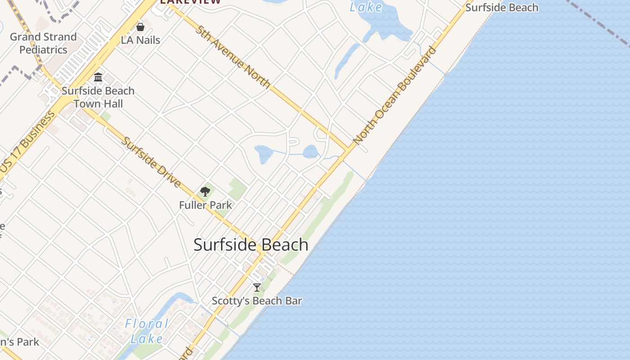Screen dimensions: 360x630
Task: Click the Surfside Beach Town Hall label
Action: click(98, 97)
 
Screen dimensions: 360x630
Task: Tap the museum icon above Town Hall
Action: click(98, 77)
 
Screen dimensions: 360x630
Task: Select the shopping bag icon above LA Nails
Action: click(140, 27)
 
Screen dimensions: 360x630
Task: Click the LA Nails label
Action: click(140, 40)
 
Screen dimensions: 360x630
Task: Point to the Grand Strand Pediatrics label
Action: click(43, 43)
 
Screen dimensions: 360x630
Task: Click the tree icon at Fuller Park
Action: click(205, 192)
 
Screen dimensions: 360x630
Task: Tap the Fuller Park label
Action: click(206, 205)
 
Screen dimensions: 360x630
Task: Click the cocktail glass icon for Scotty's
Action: click(256, 287)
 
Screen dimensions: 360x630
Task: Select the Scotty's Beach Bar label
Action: click(256, 301)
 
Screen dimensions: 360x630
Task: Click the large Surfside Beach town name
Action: click(251, 245)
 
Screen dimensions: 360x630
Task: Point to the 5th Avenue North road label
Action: click(233, 57)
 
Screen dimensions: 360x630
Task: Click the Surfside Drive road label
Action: click(152, 162)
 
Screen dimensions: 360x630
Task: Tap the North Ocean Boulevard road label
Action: click(395, 95)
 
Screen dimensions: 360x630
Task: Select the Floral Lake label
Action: click(147, 331)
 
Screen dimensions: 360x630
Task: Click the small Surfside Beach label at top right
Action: click(502, 8)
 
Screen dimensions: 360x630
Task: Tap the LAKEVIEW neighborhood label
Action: click(191, 1)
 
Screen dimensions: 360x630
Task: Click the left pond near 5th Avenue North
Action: click(263, 153)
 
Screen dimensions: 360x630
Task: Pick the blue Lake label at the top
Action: click(366, 7)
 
